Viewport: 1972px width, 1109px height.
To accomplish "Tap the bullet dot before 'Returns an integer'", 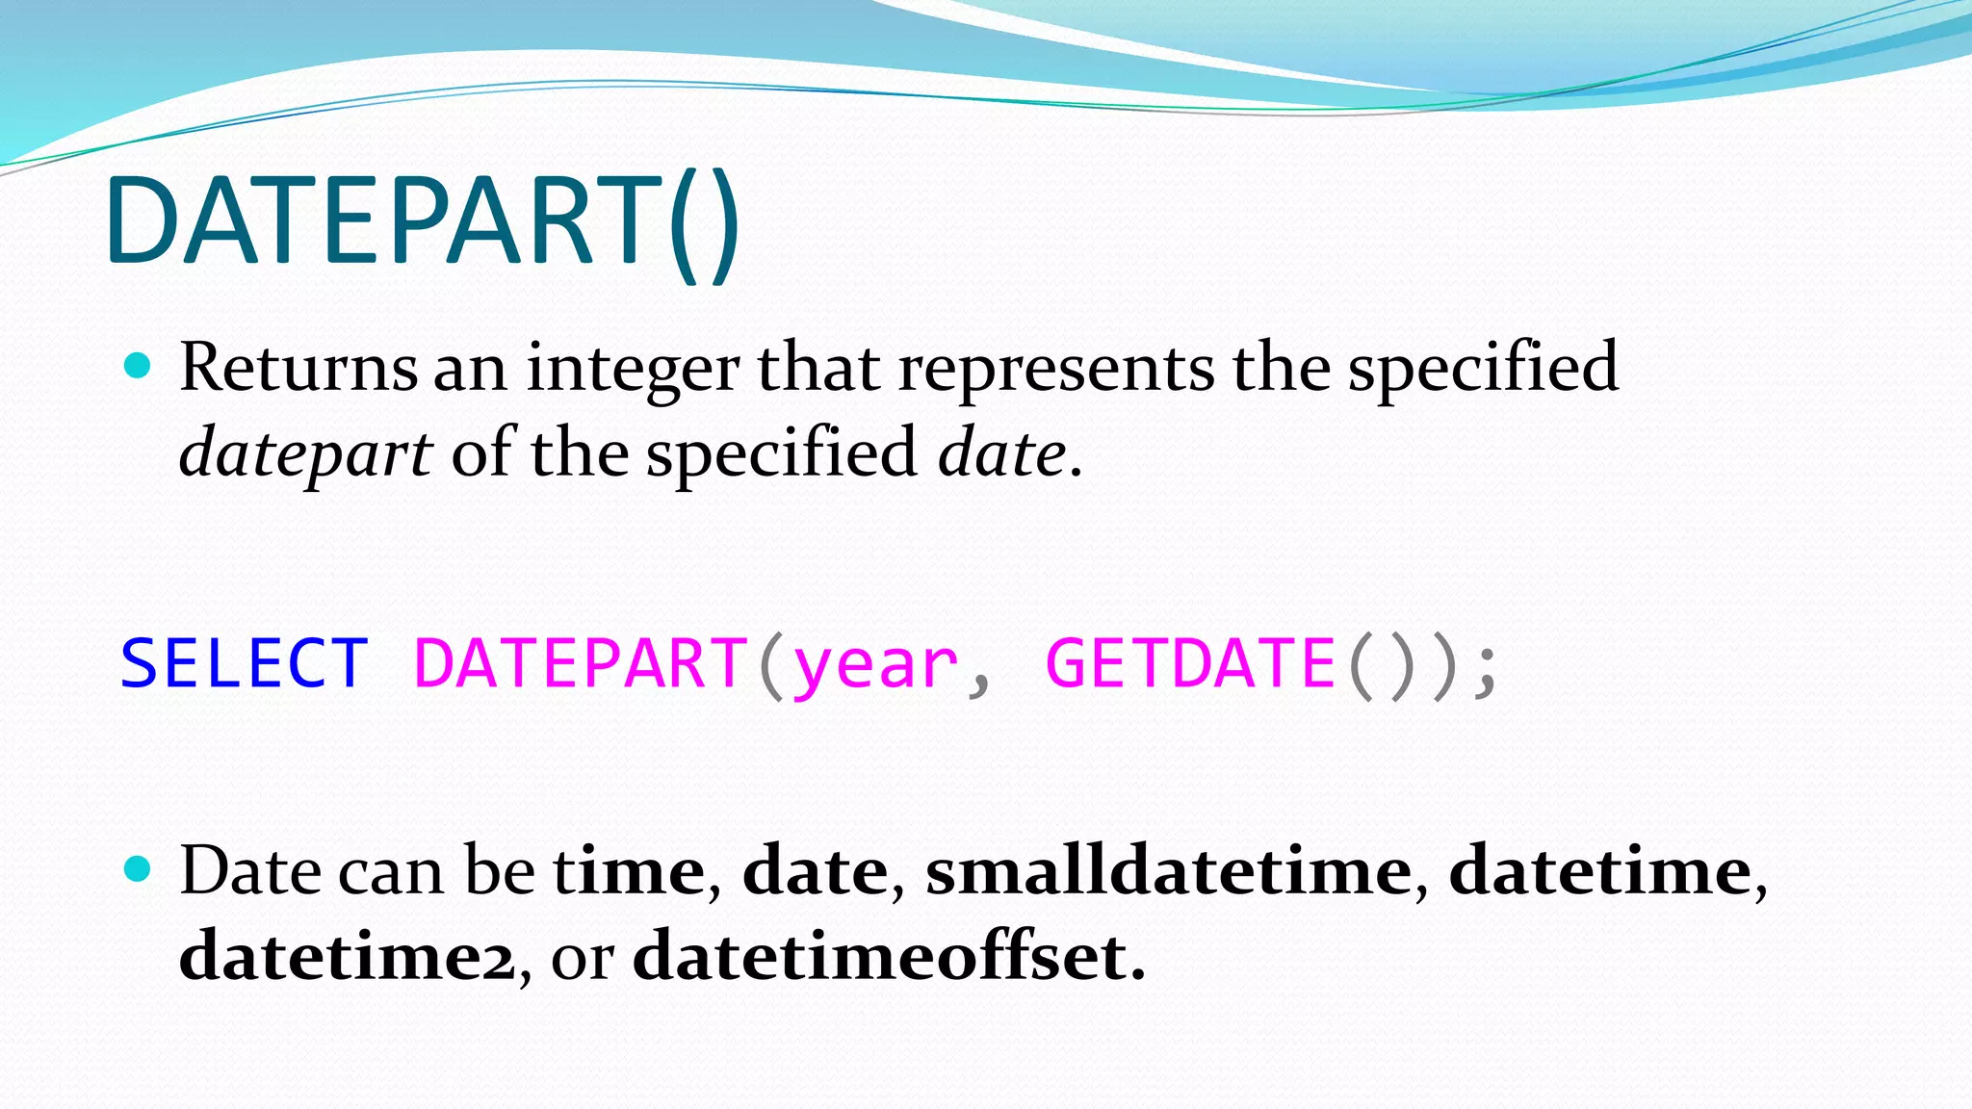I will point(139,366).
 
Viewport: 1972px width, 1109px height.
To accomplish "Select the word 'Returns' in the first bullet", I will point(298,368).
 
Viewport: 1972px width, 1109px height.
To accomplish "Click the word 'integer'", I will point(633,370).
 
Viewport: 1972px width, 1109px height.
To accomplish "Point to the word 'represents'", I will point(1056,370).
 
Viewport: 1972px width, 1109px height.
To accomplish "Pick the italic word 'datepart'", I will point(305,454).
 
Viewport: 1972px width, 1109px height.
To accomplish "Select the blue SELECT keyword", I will point(245,664).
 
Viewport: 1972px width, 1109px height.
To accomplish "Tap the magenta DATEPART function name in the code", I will point(581,664).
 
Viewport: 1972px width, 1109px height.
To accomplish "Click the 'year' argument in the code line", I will point(875,666).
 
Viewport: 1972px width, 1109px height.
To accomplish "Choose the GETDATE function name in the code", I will point(1190,664).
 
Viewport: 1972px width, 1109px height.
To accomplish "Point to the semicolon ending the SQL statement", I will point(1487,668).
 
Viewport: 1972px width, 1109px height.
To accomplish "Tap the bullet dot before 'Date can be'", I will point(139,869).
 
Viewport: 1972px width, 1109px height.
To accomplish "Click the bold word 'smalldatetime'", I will point(1168,870).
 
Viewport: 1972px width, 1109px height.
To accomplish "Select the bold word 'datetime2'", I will point(348,957).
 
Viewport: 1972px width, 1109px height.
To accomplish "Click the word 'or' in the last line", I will point(582,959).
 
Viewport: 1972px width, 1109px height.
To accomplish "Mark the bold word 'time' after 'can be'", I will point(630,870).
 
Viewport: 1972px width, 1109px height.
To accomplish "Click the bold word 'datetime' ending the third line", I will point(1599,870).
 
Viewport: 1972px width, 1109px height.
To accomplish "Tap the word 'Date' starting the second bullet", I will point(250,870).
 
